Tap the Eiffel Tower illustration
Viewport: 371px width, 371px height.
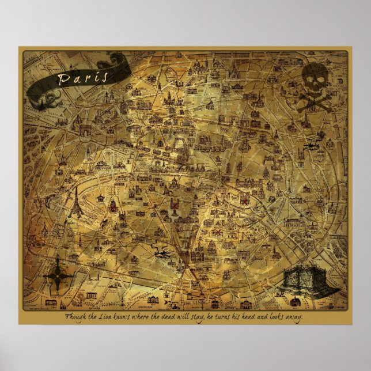point(75,202)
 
